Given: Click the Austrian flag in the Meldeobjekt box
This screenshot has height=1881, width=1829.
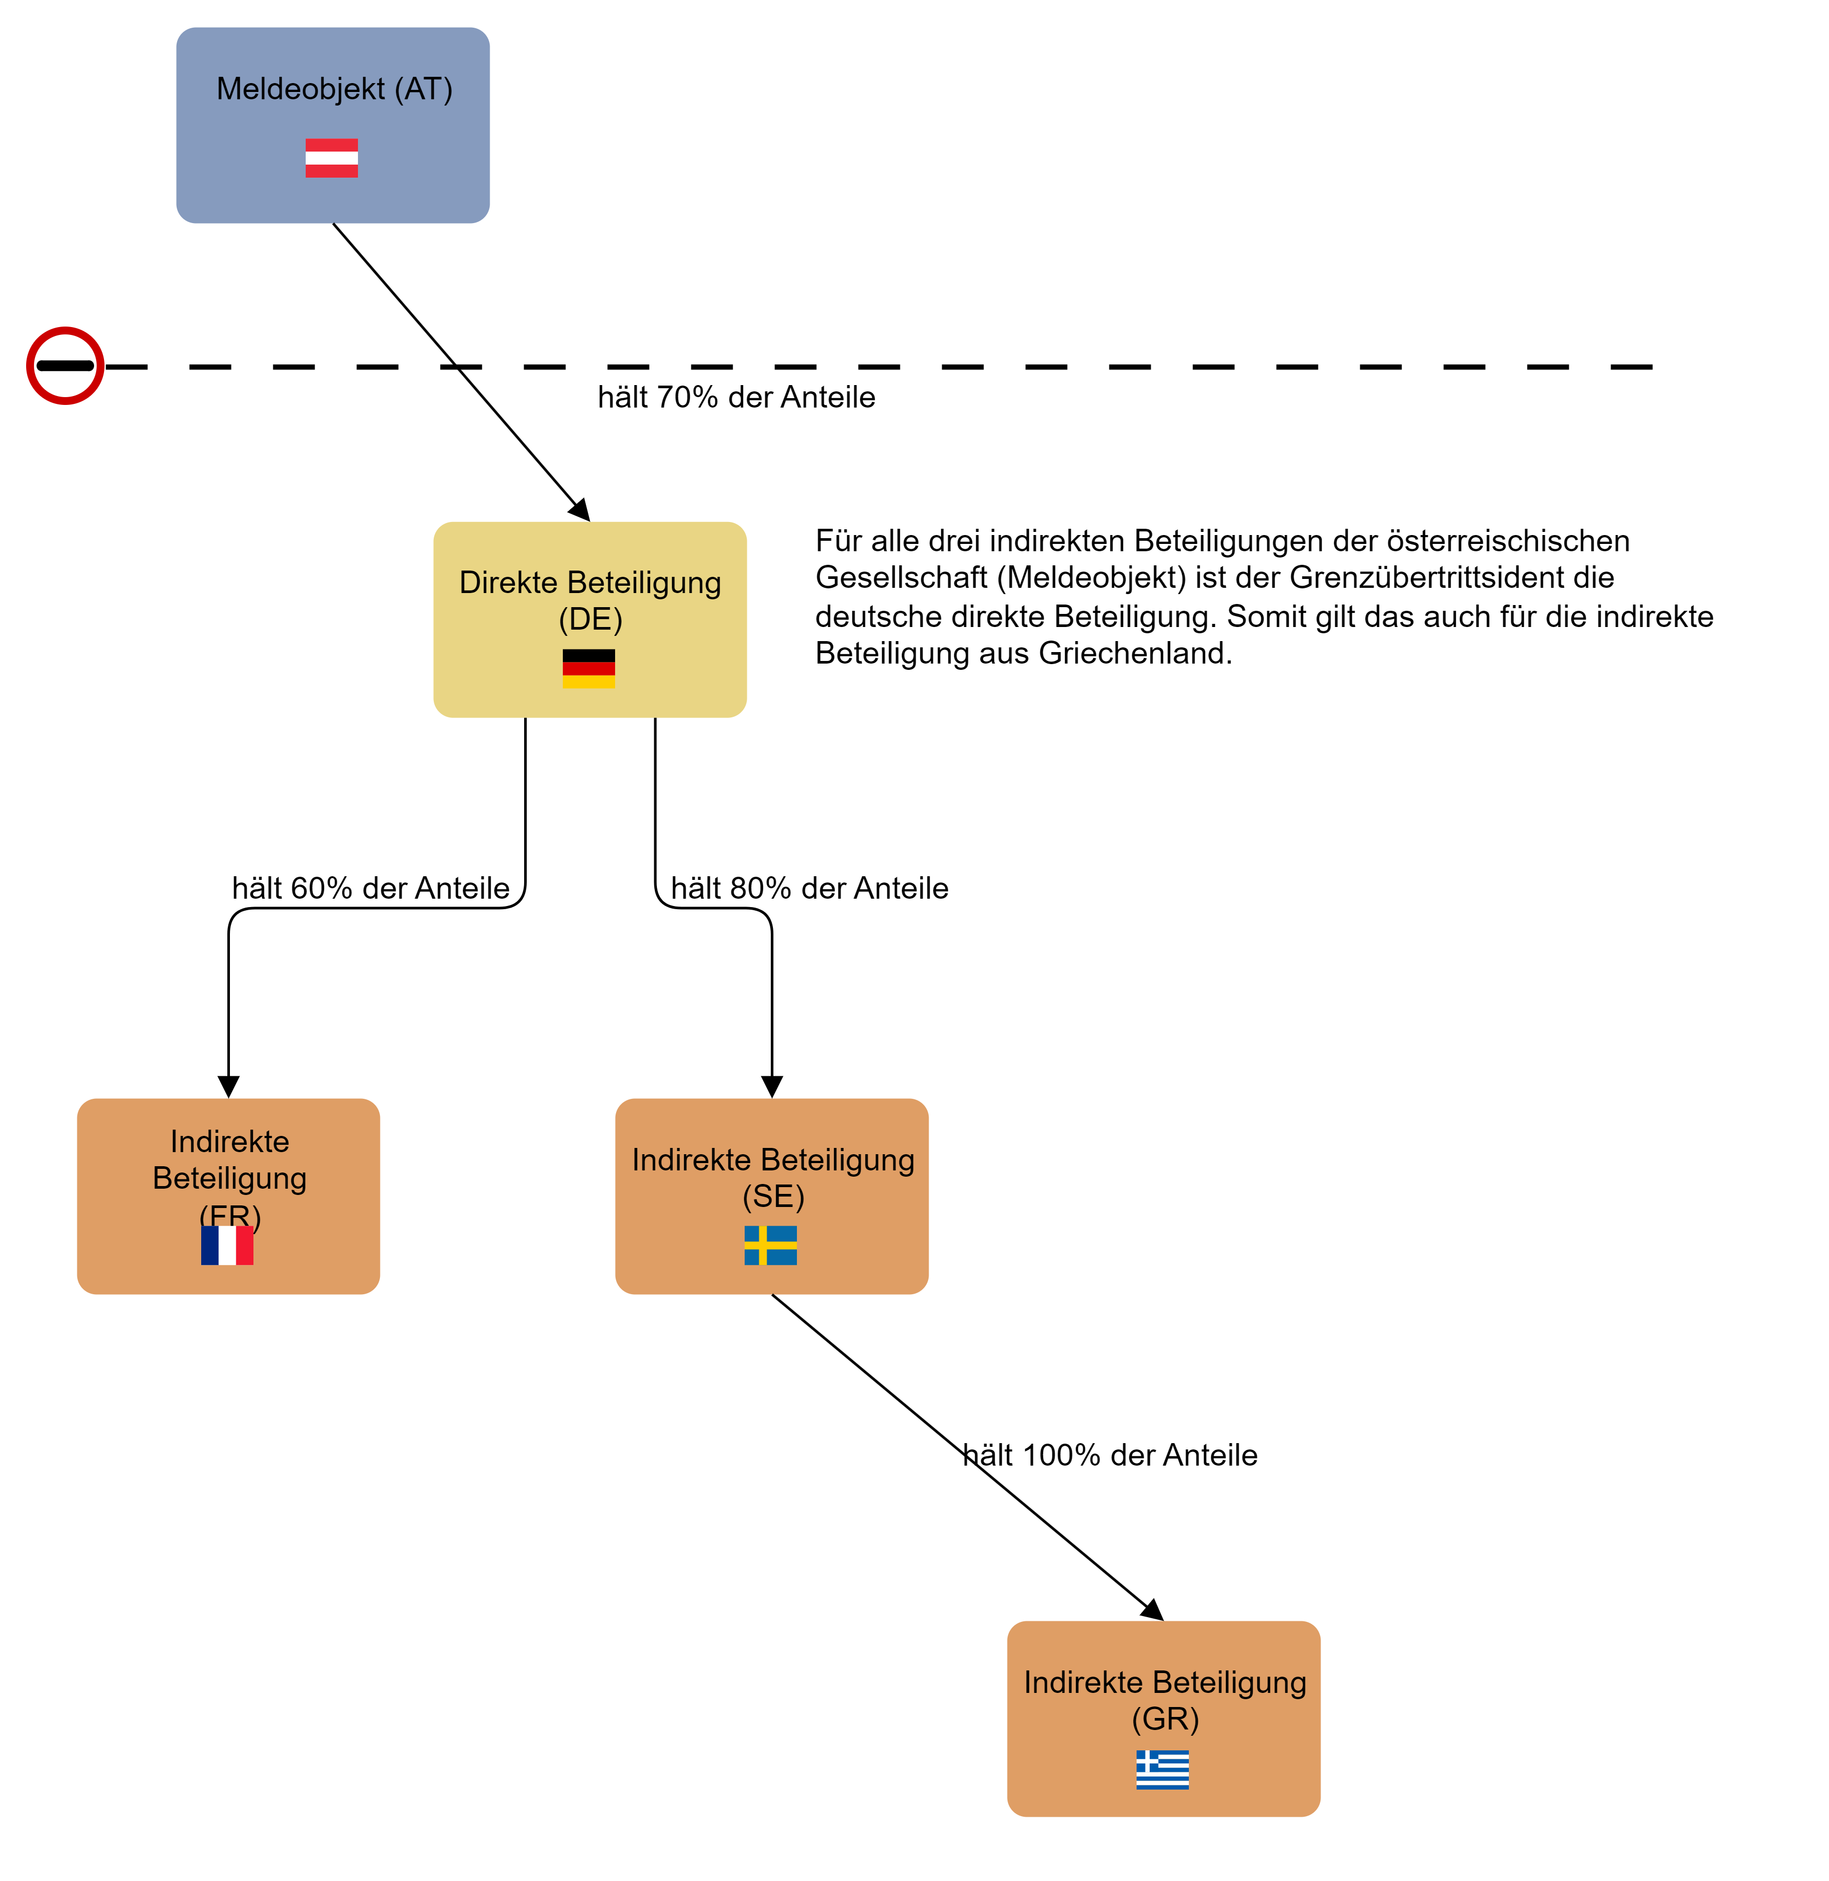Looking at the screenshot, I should pos(331,158).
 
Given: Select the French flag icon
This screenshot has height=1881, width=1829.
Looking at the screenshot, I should pos(227,1245).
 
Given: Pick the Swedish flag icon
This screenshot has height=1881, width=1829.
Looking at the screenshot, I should pos(770,1245).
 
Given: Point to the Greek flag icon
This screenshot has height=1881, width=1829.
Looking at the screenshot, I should pos(1162,1770).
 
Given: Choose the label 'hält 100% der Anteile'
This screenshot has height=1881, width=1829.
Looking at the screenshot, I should pos(1110,1455).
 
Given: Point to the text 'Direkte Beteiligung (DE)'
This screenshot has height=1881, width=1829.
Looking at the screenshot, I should pos(590,600).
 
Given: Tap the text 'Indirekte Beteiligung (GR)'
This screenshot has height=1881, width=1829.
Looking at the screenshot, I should pos(1164,1700).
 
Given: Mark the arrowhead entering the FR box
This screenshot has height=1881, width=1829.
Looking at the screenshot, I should pos(229,1086).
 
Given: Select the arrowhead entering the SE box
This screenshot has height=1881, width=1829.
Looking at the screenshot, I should pos(771,1086).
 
